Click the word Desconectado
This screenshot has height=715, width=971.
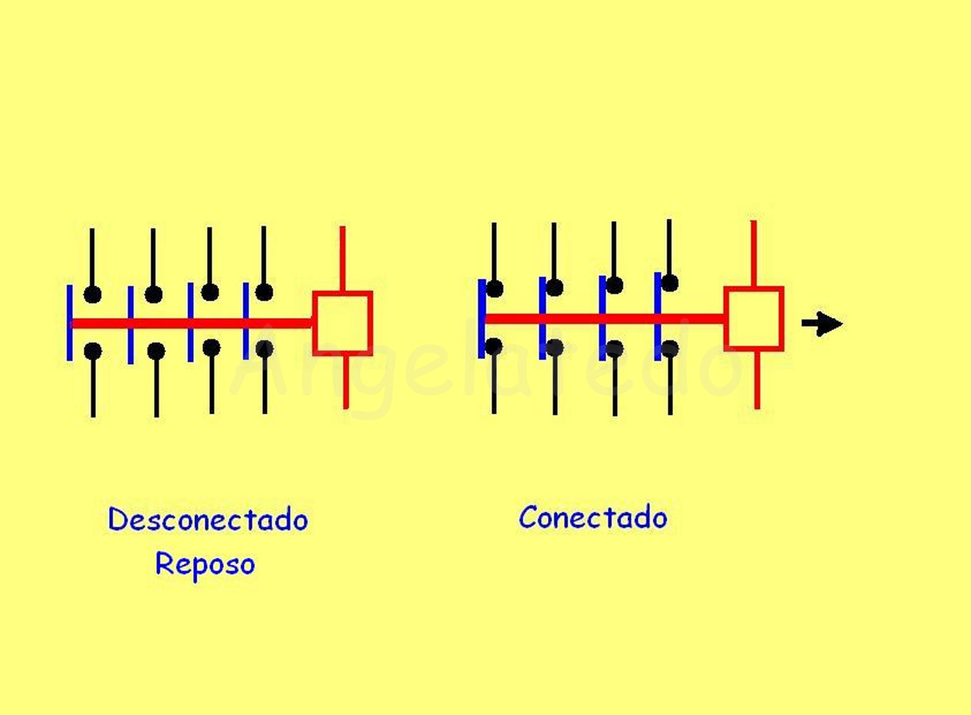(x=208, y=520)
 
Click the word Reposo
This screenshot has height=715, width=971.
(x=205, y=564)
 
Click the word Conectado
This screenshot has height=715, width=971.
(x=593, y=518)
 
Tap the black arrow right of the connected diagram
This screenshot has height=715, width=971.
(x=822, y=323)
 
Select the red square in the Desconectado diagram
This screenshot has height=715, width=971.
(x=342, y=323)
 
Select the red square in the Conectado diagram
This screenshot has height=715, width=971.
(x=754, y=318)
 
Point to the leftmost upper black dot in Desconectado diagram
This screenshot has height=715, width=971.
(x=92, y=295)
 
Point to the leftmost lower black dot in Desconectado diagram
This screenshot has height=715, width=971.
(x=93, y=351)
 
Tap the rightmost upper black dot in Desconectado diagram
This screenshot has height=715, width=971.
(x=264, y=292)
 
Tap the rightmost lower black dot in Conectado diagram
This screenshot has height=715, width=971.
(x=670, y=349)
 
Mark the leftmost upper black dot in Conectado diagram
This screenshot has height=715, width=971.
(x=495, y=289)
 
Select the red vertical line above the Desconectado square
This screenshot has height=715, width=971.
(x=342, y=258)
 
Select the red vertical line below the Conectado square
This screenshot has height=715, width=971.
(x=757, y=380)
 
